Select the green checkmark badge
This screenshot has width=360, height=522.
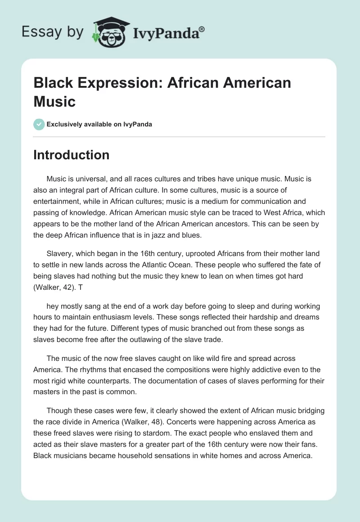pos(39,124)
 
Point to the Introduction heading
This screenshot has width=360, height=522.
pos(72,155)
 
